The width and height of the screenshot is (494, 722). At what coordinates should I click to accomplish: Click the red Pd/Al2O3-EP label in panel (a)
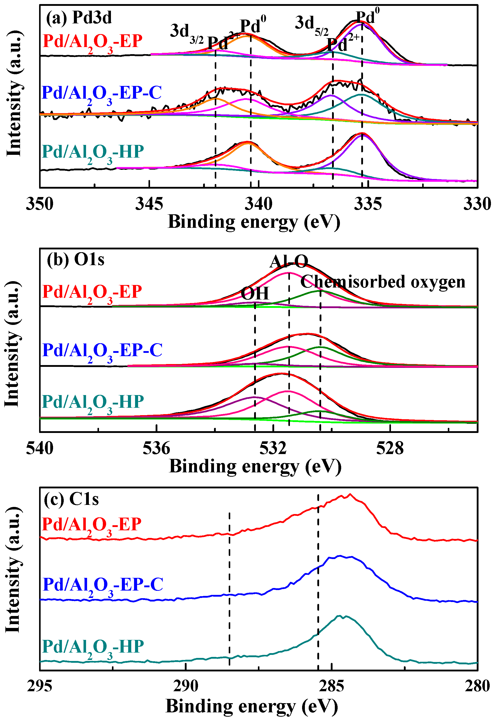92,42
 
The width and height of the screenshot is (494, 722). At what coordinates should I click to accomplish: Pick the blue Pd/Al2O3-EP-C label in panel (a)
102,94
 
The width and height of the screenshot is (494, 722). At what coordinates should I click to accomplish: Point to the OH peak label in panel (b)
255,293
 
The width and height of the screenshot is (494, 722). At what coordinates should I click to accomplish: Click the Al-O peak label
289,261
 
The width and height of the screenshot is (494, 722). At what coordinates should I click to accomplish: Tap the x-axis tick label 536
156,448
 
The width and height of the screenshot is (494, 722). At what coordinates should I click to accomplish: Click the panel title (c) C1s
71,500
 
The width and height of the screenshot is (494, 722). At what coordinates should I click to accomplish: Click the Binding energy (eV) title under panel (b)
255,466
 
